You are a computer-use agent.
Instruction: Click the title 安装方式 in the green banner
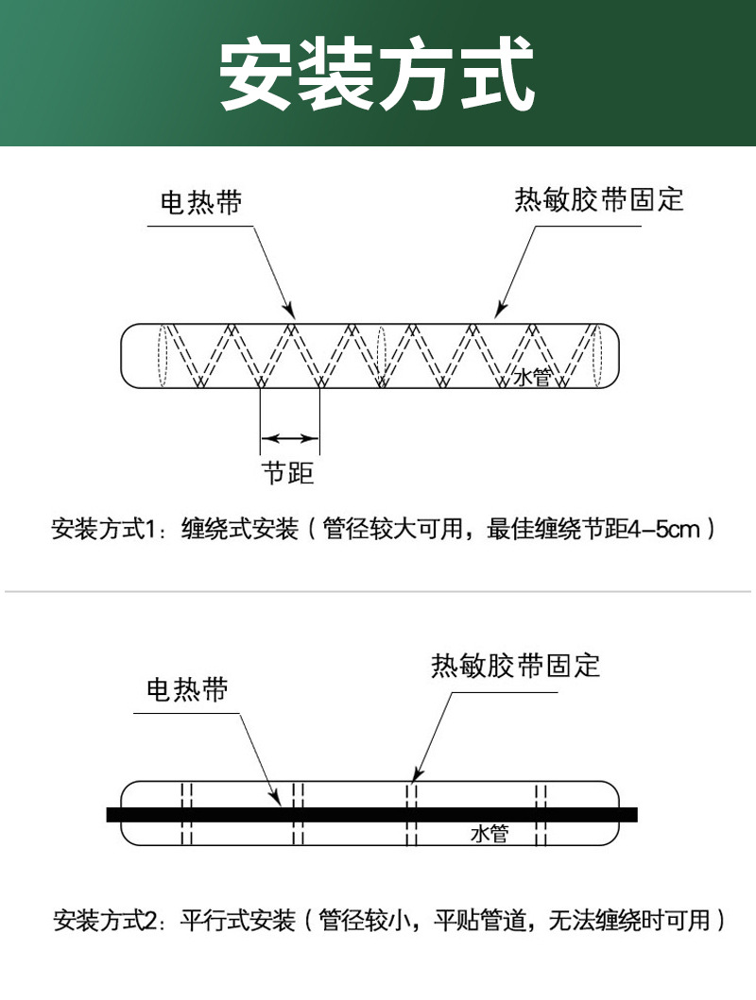point(377,74)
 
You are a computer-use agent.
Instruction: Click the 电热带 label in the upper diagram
point(200,202)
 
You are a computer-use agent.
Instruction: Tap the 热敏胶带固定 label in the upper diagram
point(598,199)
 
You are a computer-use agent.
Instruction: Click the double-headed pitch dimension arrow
point(289,437)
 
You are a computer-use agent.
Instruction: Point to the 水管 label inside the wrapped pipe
point(531,377)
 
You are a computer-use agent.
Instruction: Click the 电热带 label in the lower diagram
point(187,689)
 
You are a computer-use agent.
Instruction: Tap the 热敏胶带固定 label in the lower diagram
point(515,666)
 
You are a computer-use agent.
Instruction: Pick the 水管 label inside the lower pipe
point(490,834)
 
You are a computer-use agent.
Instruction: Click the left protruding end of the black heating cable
point(114,814)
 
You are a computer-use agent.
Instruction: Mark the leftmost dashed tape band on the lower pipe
point(187,813)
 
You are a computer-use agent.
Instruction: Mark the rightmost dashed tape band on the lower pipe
point(541,813)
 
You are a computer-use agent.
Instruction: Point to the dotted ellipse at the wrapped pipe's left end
point(162,355)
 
